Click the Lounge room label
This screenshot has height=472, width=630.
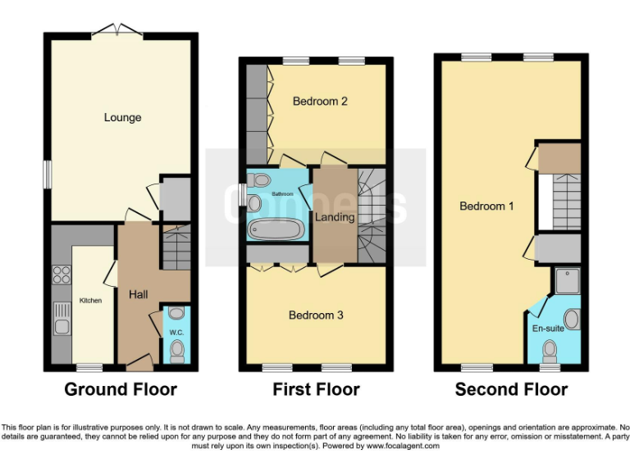click(x=122, y=117)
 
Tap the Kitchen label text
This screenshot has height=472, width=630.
click(x=90, y=301)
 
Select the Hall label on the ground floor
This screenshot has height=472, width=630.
click(x=138, y=294)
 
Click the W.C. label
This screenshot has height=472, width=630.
click(x=176, y=333)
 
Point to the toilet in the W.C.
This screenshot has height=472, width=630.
click(x=176, y=350)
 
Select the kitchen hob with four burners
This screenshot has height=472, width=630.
click(x=62, y=275)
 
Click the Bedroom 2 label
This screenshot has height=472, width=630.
click(x=321, y=102)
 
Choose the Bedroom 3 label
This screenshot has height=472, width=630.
click(x=316, y=315)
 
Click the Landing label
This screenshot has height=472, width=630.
click(x=335, y=217)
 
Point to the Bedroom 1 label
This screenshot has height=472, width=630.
click(x=486, y=206)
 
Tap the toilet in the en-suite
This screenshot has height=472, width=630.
click(x=550, y=352)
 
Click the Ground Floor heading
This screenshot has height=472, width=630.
click(x=121, y=389)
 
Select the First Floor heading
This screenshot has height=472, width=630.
click(x=316, y=389)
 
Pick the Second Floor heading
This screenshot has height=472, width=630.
click(x=511, y=389)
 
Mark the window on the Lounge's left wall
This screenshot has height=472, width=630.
click(x=47, y=174)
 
